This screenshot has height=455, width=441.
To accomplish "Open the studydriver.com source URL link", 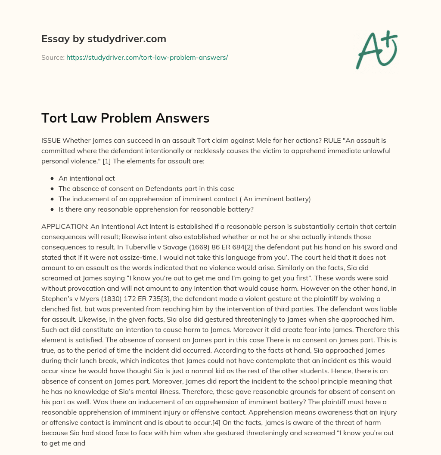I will (x=147, y=57).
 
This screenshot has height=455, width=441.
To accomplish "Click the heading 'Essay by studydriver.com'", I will (x=103, y=39).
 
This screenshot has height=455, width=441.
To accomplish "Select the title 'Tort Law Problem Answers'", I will (x=125, y=118).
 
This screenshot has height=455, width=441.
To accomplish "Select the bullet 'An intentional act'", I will (x=87, y=178).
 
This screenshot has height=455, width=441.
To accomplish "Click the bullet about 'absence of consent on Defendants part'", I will (x=146, y=188).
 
